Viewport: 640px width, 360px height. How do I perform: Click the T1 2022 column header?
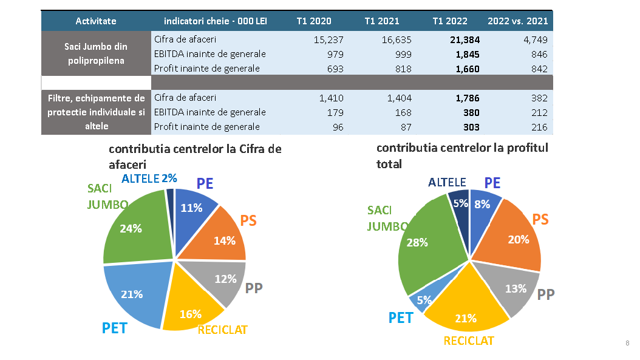pos(449,21)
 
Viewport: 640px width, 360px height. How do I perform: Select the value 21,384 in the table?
pos(465,40)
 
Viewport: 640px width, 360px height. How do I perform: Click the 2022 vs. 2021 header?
pos(517,21)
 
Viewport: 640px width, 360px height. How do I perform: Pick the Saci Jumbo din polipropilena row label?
pos(96,53)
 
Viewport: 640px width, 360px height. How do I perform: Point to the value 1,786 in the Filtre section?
pos(467,98)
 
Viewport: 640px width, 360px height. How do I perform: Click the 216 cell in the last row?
pos(539,127)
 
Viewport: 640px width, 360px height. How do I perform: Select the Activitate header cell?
pos(96,21)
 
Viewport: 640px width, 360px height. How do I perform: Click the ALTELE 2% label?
pos(149,178)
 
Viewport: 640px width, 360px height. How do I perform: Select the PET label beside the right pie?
pos(401,318)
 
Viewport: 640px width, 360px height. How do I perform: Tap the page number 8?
pos(627,344)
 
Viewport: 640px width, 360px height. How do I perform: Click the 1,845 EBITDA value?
pos(467,54)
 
